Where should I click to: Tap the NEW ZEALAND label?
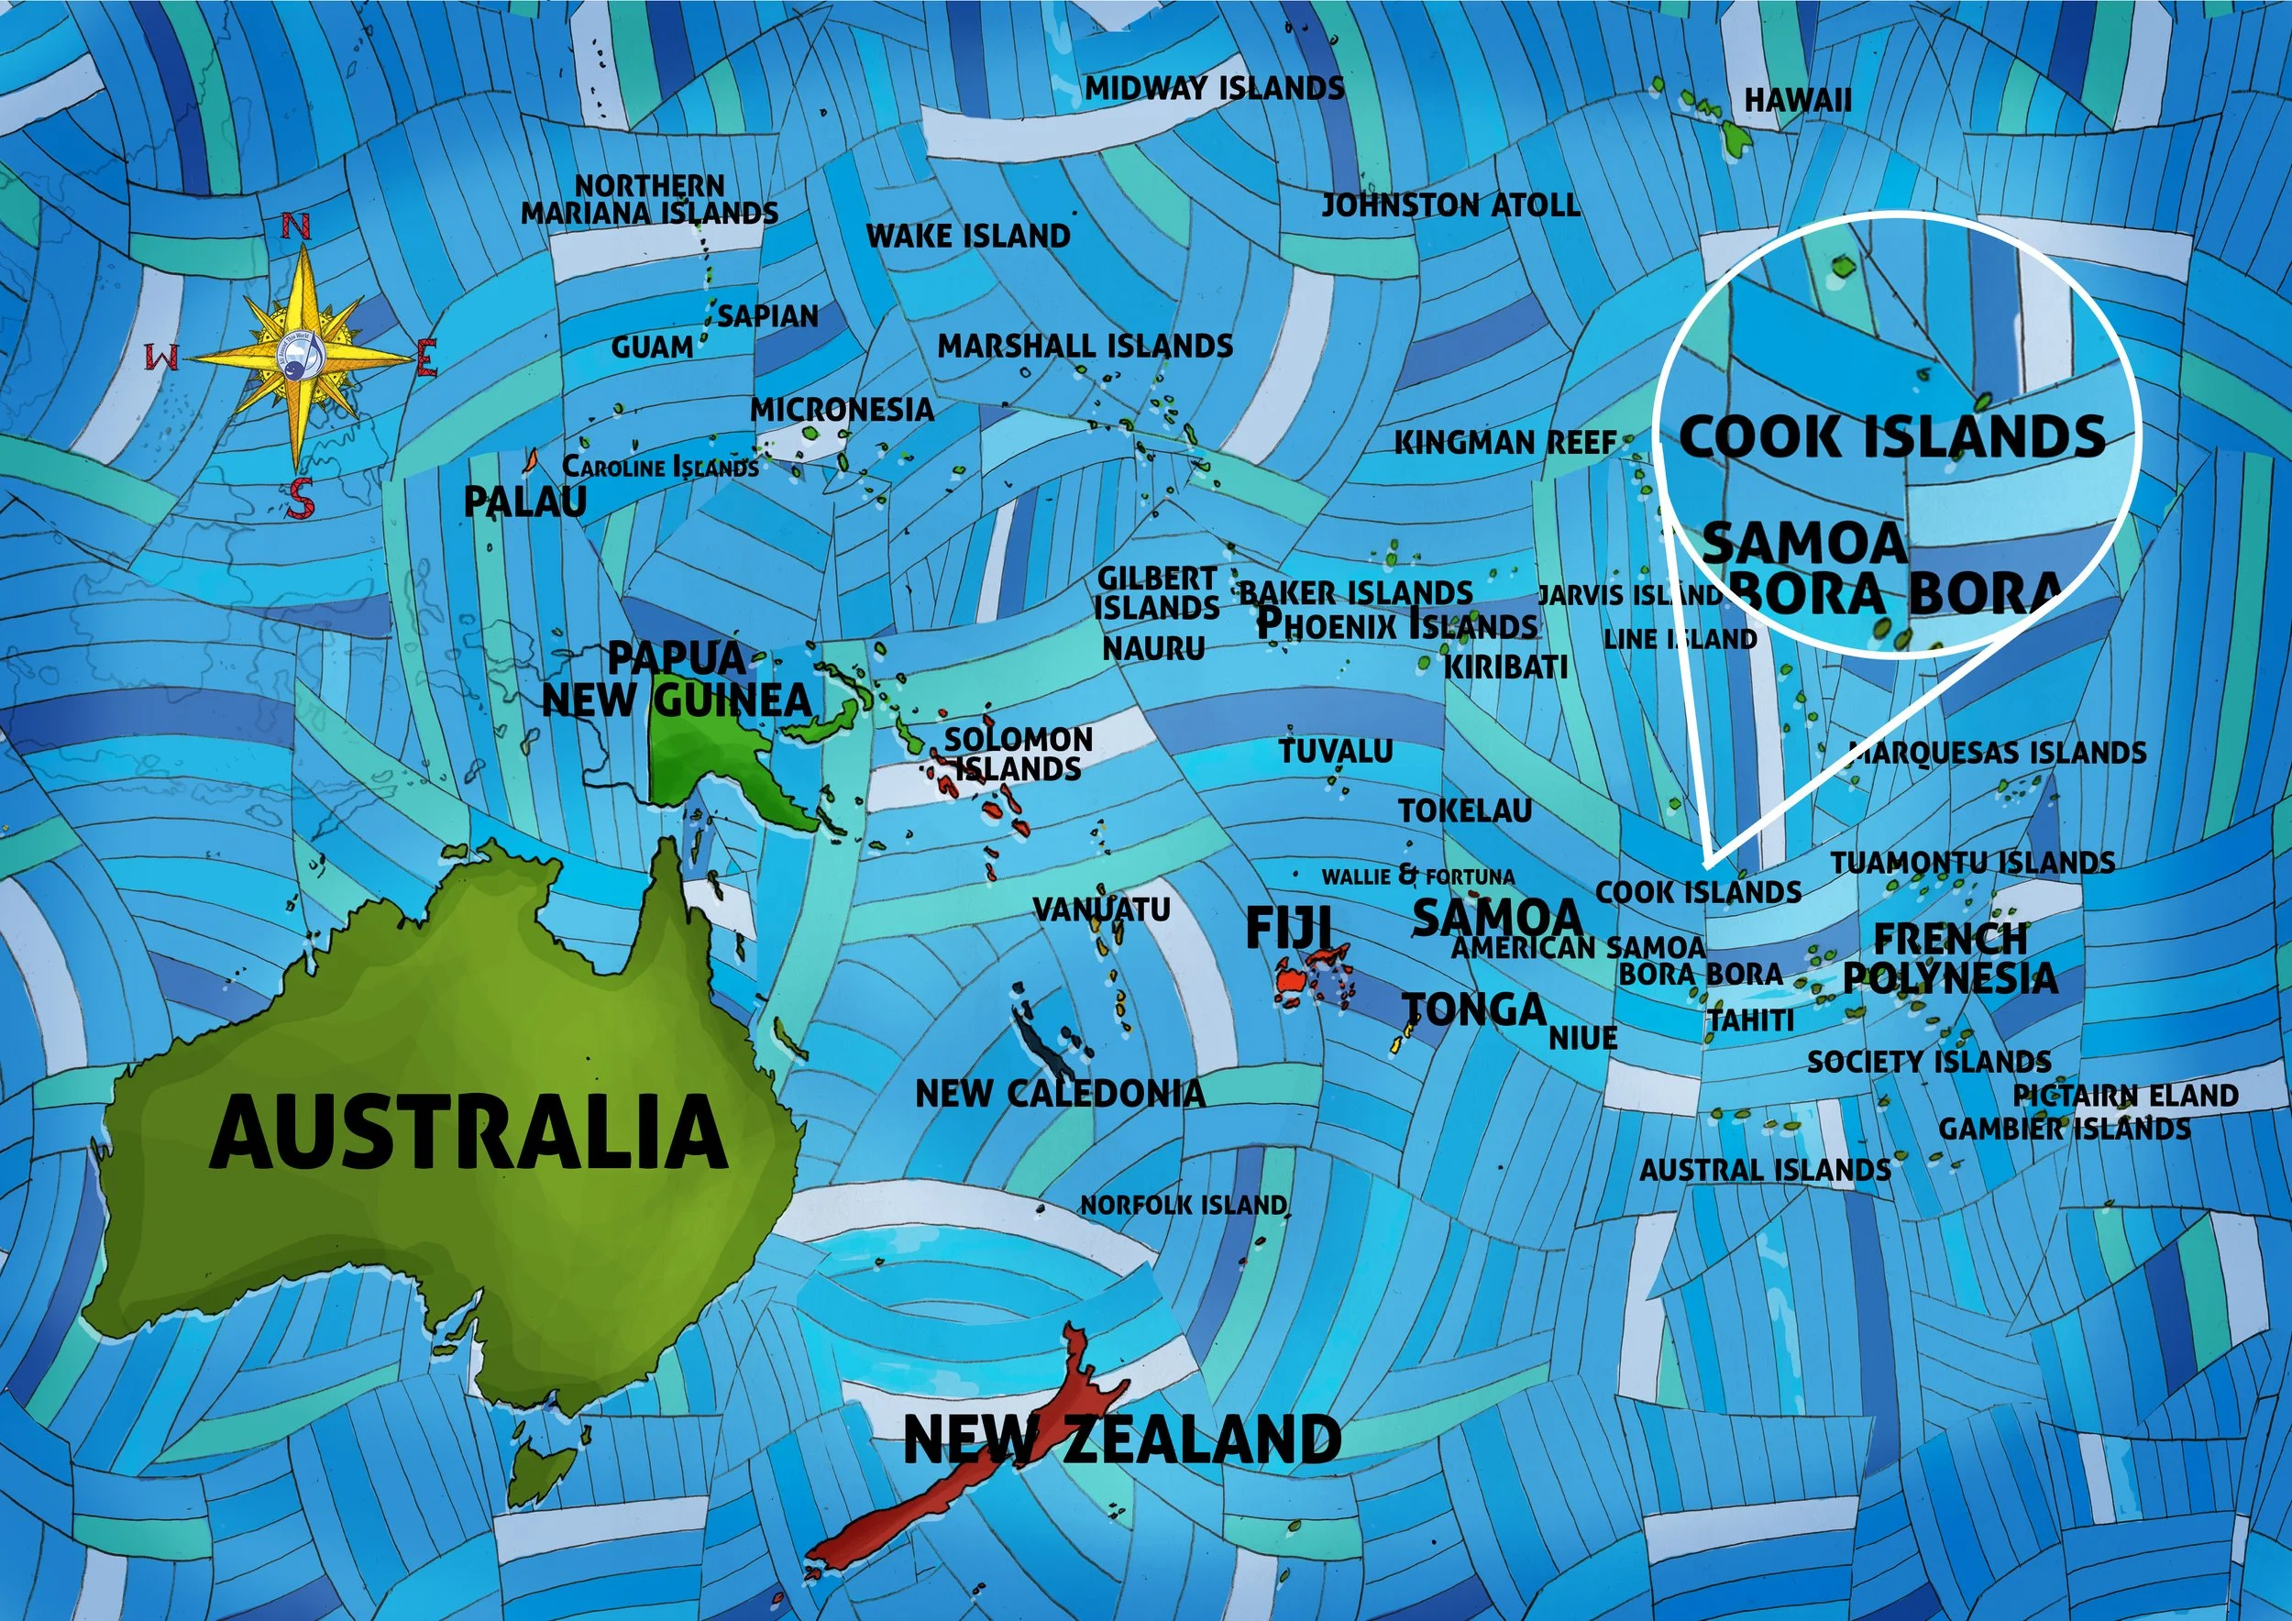point(1122,1439)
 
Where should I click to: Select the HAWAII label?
point(1797,100)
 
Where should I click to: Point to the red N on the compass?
point(295,227)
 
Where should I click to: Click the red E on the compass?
point(427,358)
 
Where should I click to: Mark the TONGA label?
point(1474,1010)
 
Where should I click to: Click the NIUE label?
point(1583,1038)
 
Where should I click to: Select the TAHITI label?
point(1751,1020)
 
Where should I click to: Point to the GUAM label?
point(652,347)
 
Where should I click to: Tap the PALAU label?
point(525,502)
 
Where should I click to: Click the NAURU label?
point(1153,649)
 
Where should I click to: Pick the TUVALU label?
point(1336,751)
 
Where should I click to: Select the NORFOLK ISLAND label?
point(1183,1205)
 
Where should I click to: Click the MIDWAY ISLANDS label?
point(1214,88)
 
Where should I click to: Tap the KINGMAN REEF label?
point(1504,442)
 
